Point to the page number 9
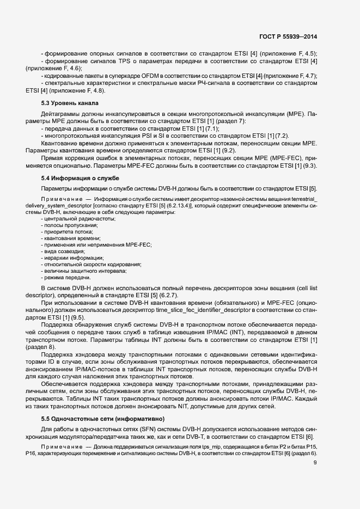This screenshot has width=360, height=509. pos(315,463)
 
